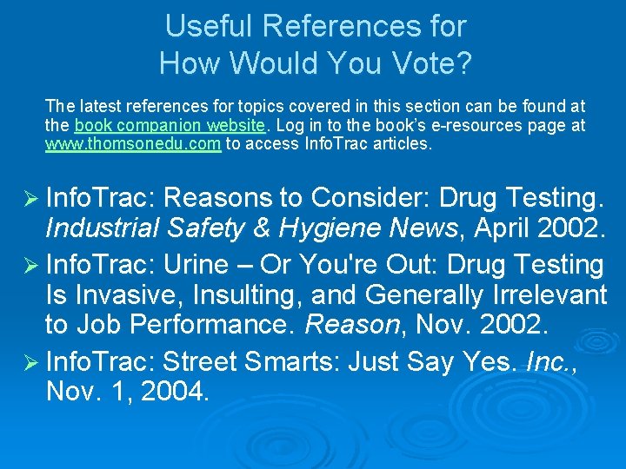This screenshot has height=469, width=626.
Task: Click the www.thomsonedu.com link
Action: point(133,144)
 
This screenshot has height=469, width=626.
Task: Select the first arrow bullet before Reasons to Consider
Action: point(30,199)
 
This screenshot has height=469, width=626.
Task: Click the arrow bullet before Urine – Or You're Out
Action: point(30,263)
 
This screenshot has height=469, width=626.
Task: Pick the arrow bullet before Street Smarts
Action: point(30,360)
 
